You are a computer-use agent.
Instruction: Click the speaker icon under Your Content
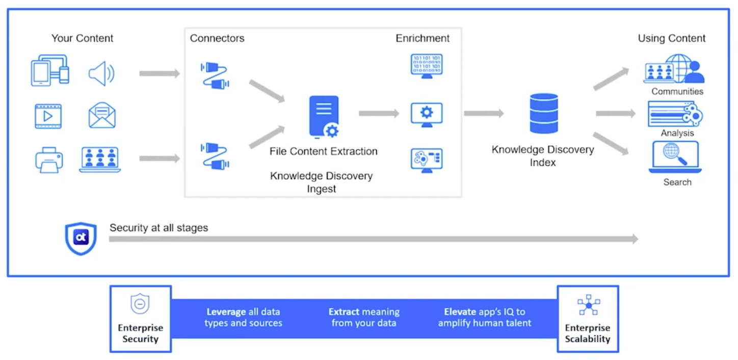(x=101, y=73)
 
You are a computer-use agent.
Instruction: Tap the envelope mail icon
(x=102, y=115)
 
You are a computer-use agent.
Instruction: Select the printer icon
(x=49, y=160)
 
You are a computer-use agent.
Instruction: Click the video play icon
(x=48, y=116)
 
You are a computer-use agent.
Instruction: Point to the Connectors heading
(x=217, y=38)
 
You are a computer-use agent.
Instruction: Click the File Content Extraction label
(x=324, y=151)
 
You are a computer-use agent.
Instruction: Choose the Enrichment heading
(x=423, y=38)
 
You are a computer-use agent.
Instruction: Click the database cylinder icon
(x=544, y=113)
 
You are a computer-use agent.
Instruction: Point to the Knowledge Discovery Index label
(x=543, y=156)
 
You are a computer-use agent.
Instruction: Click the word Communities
(x=677, y=92)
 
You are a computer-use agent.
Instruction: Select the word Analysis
(x=677, y=133)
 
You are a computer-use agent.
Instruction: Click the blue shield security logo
(x=81, y=238)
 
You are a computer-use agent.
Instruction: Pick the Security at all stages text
(x=159, y=228)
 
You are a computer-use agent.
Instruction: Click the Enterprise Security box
(x=141, y=319)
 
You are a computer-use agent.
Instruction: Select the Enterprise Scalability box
(x=588, y=319)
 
